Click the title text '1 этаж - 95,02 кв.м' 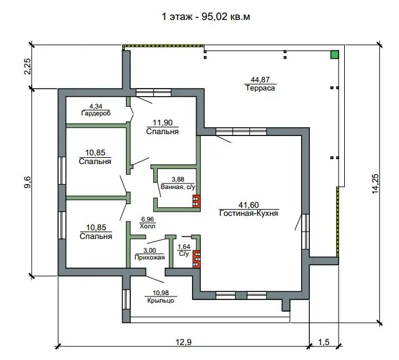206,17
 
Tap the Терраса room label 260,88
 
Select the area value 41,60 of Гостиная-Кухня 249,205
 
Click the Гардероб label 96,113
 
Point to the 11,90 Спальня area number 162,123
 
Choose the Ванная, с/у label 178,187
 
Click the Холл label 147,226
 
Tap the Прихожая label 150,258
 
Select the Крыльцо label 161,301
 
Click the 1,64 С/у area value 184,246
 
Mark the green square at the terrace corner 335,54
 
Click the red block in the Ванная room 196,201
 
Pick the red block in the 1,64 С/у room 196,259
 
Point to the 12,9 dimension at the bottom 183,342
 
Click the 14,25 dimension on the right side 375,184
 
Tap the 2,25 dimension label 27,67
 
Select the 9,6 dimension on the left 27,182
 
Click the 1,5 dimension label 324,342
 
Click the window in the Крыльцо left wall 126,299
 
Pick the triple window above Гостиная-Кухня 241,132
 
